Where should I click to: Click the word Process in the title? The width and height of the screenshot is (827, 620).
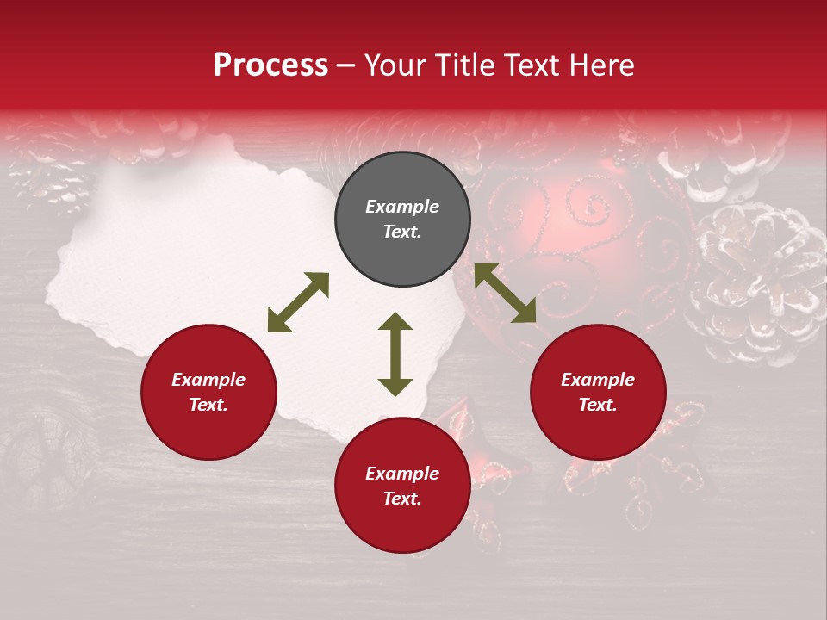[270, 65]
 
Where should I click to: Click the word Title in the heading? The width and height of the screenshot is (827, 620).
[463, 65]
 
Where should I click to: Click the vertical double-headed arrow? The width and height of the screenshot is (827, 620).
[395, 354]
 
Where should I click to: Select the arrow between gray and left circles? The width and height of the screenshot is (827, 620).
[298, 302]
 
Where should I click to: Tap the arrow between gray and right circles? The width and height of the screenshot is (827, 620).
[505, 293]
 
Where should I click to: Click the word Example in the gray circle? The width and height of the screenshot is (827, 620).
[402, 207]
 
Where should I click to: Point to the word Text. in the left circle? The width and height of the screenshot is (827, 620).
[208, 405]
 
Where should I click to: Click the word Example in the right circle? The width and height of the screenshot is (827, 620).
[598, 380]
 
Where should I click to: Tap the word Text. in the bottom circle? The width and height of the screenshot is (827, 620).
[402, 499]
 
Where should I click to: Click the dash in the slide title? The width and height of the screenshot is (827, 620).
[346, 65]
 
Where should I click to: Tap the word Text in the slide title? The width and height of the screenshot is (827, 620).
[534, 65]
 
